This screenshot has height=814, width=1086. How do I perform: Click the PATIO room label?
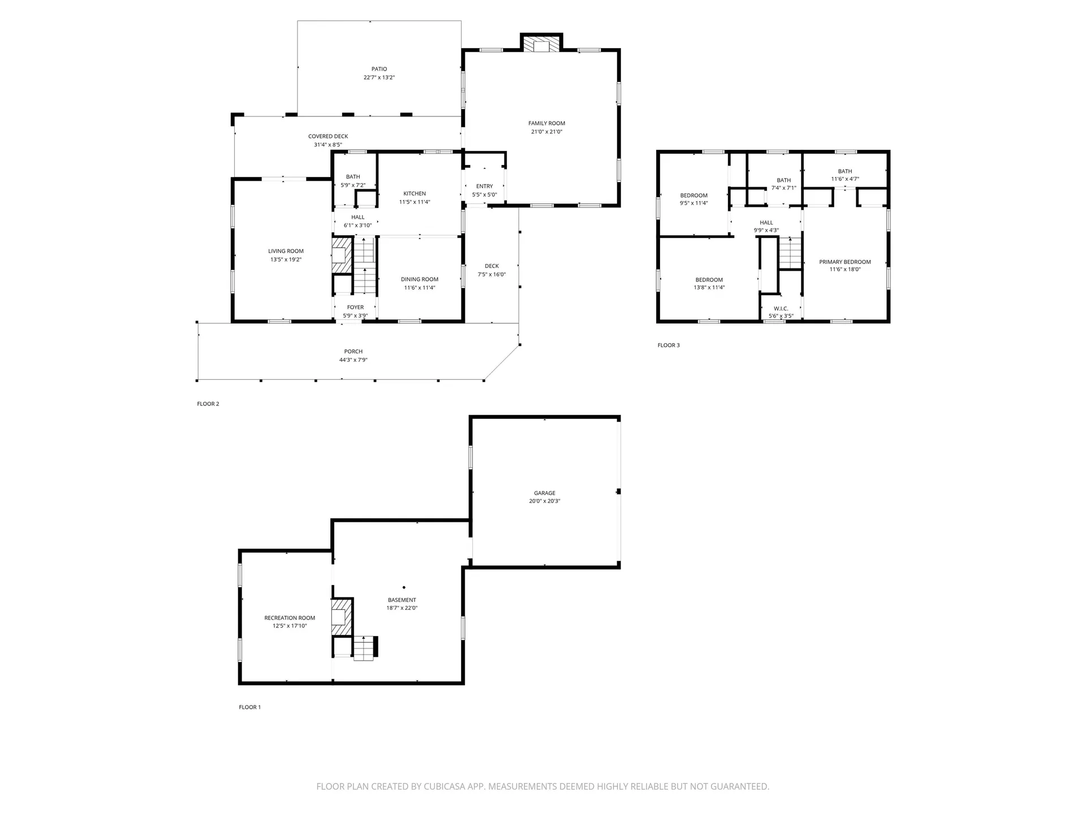(x=379, y=69)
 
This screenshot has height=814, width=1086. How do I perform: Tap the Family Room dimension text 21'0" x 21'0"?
(x=546, y=132)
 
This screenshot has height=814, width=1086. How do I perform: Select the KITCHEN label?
(x=415, y=193)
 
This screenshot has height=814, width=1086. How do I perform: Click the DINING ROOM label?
(x=420, y=279)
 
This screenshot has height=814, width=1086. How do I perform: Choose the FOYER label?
(x=355, y=308)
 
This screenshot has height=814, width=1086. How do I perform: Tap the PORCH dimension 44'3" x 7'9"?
(x=354, y=360)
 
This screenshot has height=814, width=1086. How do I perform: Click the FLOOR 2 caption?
(x=208, y=404)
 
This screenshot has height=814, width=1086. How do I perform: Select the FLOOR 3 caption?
(x=669, y=345)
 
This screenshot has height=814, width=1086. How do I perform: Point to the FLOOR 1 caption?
(x=249, y=707)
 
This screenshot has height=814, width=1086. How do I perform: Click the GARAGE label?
(x=545, y=493)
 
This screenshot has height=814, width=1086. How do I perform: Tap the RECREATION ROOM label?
(x=290, y=618)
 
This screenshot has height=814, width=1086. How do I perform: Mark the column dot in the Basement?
(x=404, y=587)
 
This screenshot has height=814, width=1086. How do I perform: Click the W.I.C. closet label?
(x=781, y=309)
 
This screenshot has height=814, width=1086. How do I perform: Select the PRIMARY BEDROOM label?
(x=845, y=262)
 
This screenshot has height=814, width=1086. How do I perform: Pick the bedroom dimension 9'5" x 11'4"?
(x=694, y=203)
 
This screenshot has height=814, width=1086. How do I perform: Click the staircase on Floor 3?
(x=791, y=253)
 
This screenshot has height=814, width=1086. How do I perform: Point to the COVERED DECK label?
(x=328, y=136)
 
